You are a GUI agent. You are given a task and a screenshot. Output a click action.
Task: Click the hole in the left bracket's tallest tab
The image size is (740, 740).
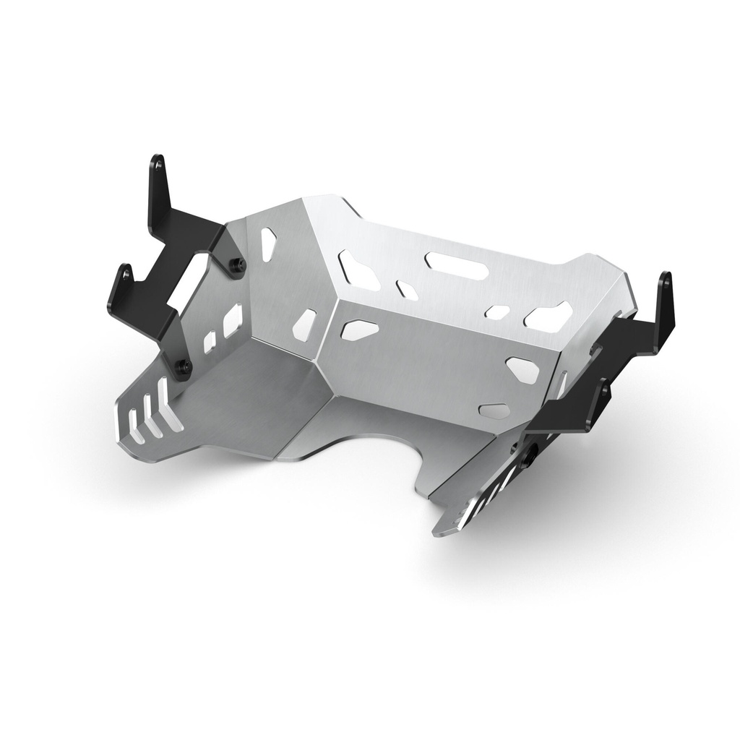coord(158,165)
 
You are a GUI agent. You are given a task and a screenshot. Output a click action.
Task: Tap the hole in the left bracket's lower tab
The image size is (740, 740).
coord(126,275)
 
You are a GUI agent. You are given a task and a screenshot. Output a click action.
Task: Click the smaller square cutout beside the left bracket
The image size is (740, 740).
coord(210,342)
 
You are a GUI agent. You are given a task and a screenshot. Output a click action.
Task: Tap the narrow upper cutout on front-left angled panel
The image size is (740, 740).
coord(268,244)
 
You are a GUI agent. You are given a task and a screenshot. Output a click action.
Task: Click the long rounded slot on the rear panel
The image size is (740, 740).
coord(455,264)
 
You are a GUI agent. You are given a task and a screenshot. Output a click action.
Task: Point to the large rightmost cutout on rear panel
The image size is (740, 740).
coord(549,317)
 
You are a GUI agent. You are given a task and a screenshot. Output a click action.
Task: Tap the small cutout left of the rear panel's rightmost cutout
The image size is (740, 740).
coord(498,311)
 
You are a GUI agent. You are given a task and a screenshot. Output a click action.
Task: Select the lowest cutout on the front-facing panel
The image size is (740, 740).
coord(494,410)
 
